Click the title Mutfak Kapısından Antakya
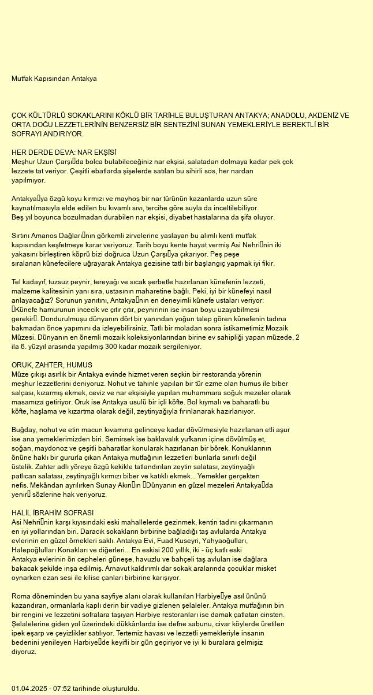tap(54, 78)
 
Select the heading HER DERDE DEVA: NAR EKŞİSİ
tap(64, 152)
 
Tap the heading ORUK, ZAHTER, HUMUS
tap(52, 365)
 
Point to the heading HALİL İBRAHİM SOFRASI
tap(53, 513)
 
